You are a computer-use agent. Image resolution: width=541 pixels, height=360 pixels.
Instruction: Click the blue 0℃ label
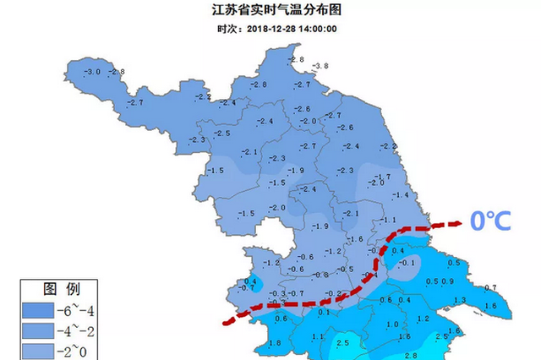[491, 222]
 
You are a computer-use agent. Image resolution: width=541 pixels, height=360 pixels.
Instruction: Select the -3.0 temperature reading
[93, 72]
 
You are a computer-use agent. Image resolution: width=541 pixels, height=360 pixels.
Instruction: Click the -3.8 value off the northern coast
[320, 66]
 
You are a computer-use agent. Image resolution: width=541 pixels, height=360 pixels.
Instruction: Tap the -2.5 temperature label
[222, 134]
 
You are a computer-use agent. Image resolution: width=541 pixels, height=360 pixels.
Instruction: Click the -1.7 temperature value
[381, 176]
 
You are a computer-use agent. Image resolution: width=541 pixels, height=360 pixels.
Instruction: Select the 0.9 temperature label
[448, 281]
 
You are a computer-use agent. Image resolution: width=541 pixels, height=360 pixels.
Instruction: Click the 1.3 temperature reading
[460, 300]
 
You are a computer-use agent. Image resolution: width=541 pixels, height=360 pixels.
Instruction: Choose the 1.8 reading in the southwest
[274, 342]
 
